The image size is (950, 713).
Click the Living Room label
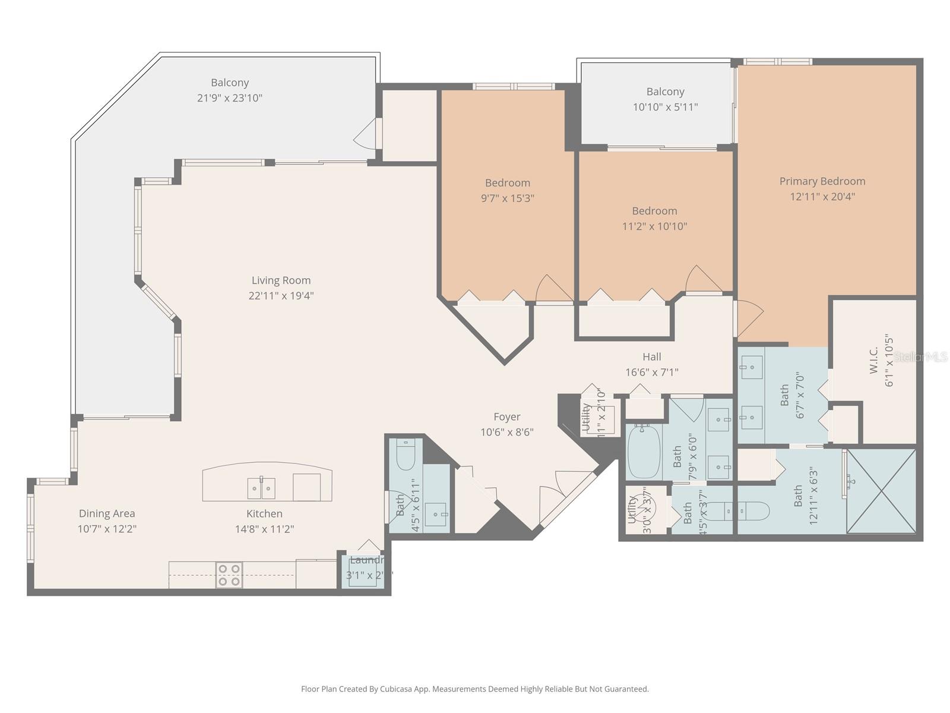click(281, 280)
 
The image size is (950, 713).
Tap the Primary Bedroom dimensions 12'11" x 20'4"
click(822, 197)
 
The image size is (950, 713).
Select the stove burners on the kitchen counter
click(229, 575)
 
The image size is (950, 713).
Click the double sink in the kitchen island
click(261, 488)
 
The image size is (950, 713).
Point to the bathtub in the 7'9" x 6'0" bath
click(644, 452)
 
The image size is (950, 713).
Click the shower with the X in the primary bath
click(881, 491)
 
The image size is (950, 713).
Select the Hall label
click(651, 357)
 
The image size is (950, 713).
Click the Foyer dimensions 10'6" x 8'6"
click(507, 433)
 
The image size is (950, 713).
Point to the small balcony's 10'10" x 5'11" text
click(665, 108)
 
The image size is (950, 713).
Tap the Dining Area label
click(107, 513)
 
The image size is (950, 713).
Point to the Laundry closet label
click(366, 560)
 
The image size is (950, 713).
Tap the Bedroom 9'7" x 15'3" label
click(507, 183)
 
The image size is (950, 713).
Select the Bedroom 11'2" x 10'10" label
click(654, 211)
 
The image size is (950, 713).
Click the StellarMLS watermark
click(921, 357)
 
